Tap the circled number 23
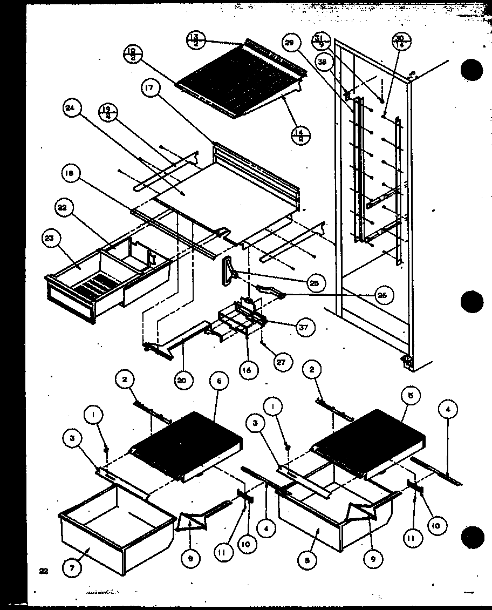(x=52, y=239)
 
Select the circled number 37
(x=305, y=327)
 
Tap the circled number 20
(x=182, y=379)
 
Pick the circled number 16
(x=248, y=371)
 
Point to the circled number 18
(x=72, y=174)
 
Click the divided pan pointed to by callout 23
(x=86, y=281)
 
